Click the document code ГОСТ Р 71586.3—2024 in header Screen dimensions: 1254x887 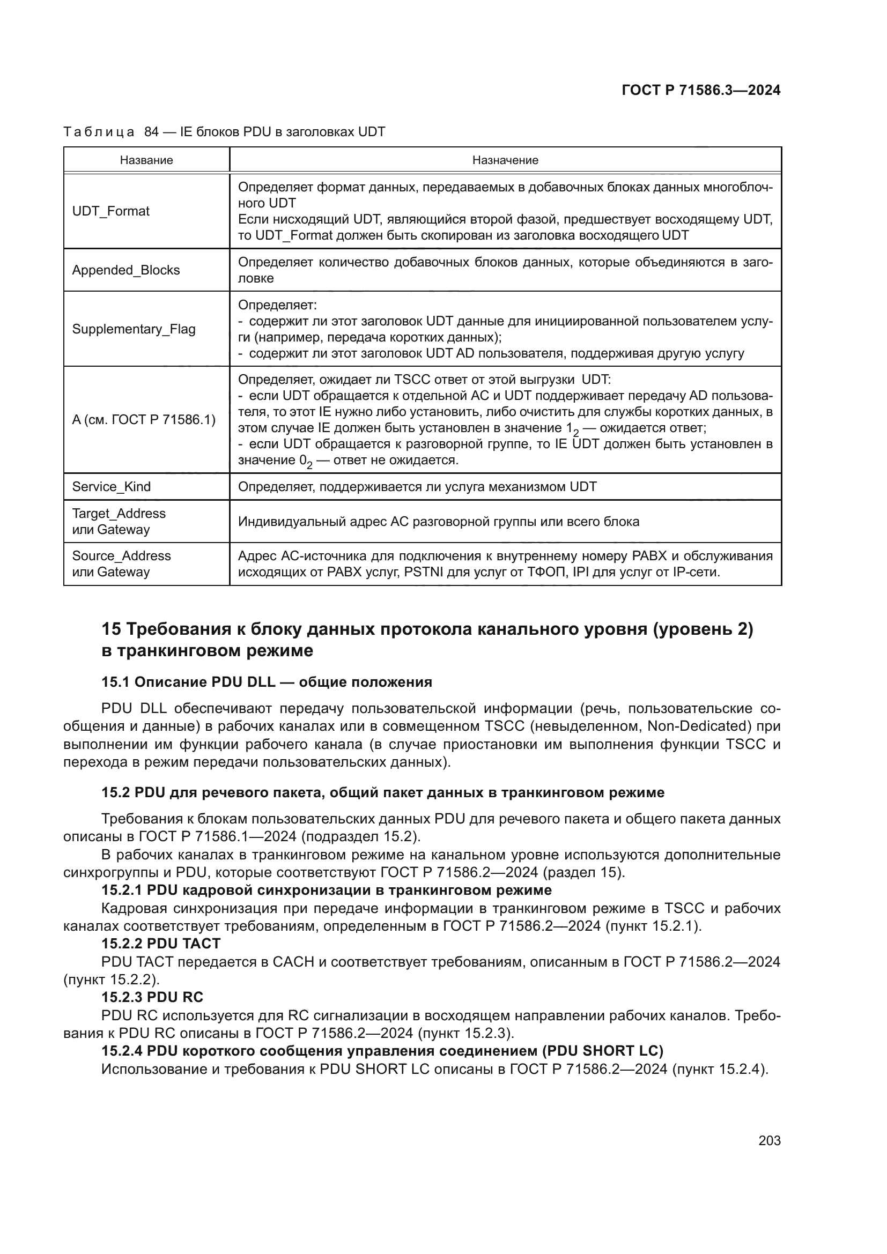701,90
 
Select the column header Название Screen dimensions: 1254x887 146,160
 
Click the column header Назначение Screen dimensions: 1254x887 505,160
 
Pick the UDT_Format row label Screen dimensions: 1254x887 111,211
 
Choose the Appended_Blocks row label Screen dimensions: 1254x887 126,270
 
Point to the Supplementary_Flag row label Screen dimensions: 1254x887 134,329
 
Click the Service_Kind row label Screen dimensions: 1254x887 112,487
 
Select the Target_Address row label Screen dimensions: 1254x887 119,514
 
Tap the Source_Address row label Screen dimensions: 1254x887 121,556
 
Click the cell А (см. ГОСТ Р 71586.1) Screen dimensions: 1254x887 144,420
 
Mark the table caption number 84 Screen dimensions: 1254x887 151,132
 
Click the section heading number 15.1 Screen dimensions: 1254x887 115,682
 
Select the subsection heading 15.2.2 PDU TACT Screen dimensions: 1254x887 160,944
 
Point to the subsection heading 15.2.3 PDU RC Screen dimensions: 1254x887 152,997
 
